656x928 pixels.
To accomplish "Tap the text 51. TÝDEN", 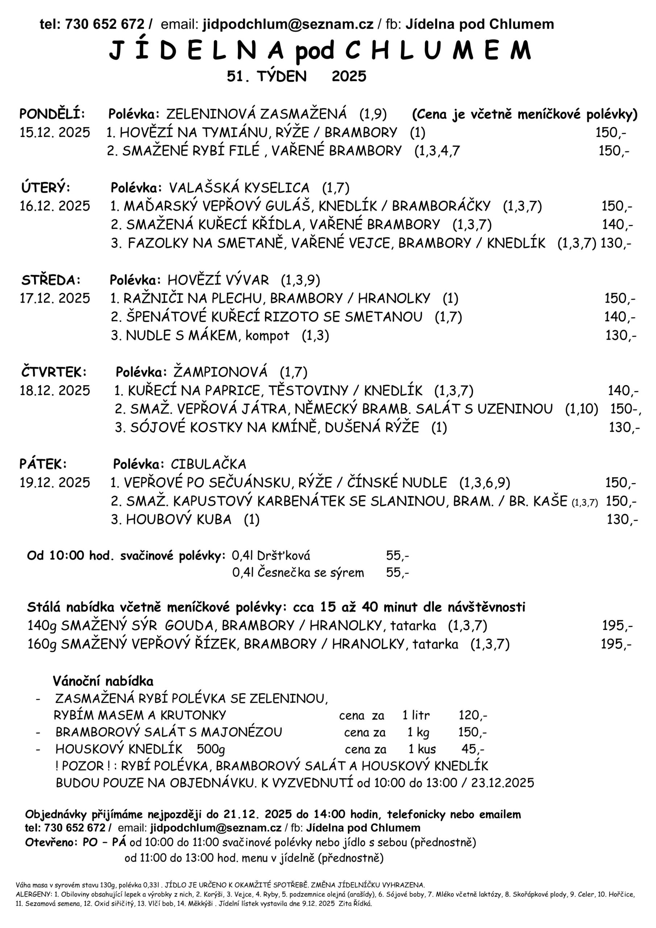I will (x=266, y=76).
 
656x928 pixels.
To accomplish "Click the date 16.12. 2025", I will (x=55, y=206).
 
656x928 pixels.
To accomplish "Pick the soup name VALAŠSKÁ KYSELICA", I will (x=239, y=188).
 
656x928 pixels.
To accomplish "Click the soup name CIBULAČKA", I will (x=208, y=464).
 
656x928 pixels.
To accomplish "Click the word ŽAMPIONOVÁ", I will (x=220, y=372).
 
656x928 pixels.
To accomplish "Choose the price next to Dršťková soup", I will (x=397, y=556).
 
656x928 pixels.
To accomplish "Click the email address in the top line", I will (x=288, y=25).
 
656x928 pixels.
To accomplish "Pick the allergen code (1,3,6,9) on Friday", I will (x=484, y=482).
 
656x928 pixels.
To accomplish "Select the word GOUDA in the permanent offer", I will (x=189, y=626).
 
